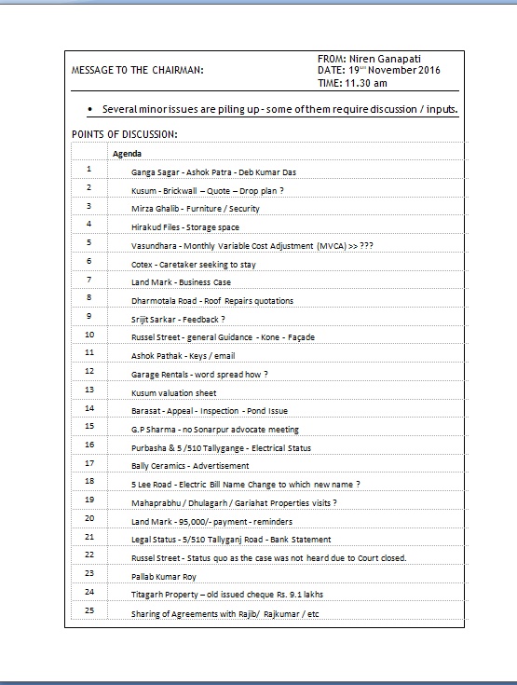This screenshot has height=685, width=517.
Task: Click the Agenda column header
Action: [x=127, y=153]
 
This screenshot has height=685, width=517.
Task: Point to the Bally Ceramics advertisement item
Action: [x=190, y=466]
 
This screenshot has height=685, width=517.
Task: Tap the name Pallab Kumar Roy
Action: [x=164, y=576]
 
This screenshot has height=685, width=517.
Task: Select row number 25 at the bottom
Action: [x=89, y=610]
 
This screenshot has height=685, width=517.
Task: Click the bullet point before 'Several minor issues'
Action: [x=89, y=110]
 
